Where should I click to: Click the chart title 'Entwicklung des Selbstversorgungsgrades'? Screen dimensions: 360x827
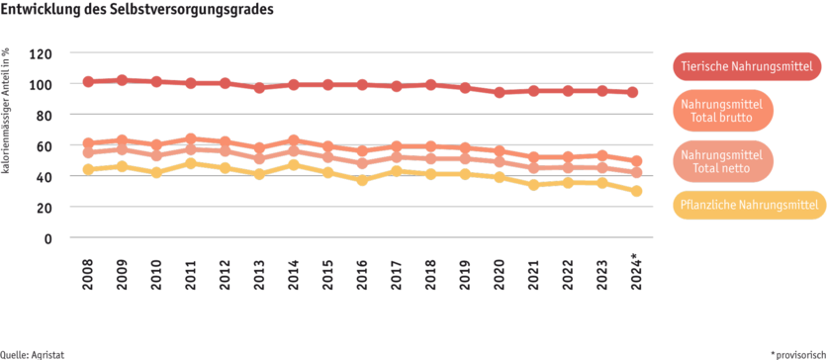coord(138,10)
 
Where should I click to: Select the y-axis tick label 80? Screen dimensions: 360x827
coord(45,115)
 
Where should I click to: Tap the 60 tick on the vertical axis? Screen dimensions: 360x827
coord(45,145)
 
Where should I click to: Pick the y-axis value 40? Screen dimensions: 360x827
coord(45,176)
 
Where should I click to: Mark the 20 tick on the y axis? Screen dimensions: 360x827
coord(45,208)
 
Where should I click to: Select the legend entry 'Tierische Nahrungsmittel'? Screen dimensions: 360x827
coord(749,66)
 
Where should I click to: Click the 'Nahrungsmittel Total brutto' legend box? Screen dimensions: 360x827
coord(723,110)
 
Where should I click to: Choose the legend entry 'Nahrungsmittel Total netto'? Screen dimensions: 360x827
coord(723,162)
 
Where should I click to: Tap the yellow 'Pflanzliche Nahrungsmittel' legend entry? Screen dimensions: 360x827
coord(749,206)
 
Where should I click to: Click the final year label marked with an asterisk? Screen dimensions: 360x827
coord(637,274)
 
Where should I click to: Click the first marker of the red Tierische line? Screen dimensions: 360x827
coord(89,81)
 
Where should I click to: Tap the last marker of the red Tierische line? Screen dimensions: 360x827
coord(635,92)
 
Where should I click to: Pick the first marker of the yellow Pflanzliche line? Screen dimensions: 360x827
coord(89,169)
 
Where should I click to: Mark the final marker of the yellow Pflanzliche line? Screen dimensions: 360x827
coord(636,191)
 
